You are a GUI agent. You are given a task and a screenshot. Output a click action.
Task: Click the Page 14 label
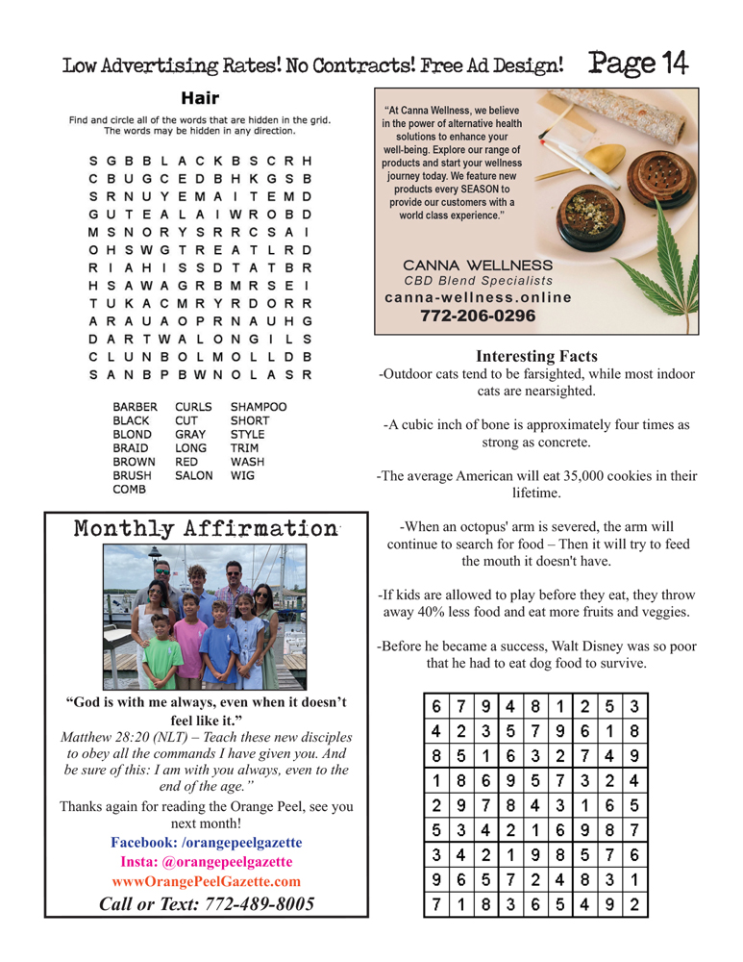pos(638,63)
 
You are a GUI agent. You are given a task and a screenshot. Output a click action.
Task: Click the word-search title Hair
pos(200,98)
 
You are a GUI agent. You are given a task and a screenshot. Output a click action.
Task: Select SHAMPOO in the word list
pos(260,407)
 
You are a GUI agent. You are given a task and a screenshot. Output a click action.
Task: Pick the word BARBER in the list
pos(135,407)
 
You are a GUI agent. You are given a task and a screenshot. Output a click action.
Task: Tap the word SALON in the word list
pos(194,475)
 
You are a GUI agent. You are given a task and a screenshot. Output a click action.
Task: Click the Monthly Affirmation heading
pos(206,529)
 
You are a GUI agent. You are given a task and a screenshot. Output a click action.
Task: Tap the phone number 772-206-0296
pos(478,316)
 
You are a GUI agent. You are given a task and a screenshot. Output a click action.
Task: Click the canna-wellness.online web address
pos(478,297)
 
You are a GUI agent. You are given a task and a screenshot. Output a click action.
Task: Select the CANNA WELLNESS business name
pos(478,265)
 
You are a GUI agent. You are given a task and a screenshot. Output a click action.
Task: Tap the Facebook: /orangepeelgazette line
pos(206,842)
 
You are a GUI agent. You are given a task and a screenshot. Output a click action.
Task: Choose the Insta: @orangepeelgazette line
pos(206,861)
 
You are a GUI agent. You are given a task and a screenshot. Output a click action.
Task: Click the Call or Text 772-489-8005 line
pos(206,903)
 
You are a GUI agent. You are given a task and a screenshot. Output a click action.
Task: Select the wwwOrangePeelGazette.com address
pos(206,880)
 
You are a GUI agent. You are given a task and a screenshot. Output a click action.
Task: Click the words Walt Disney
pos(600,646)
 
